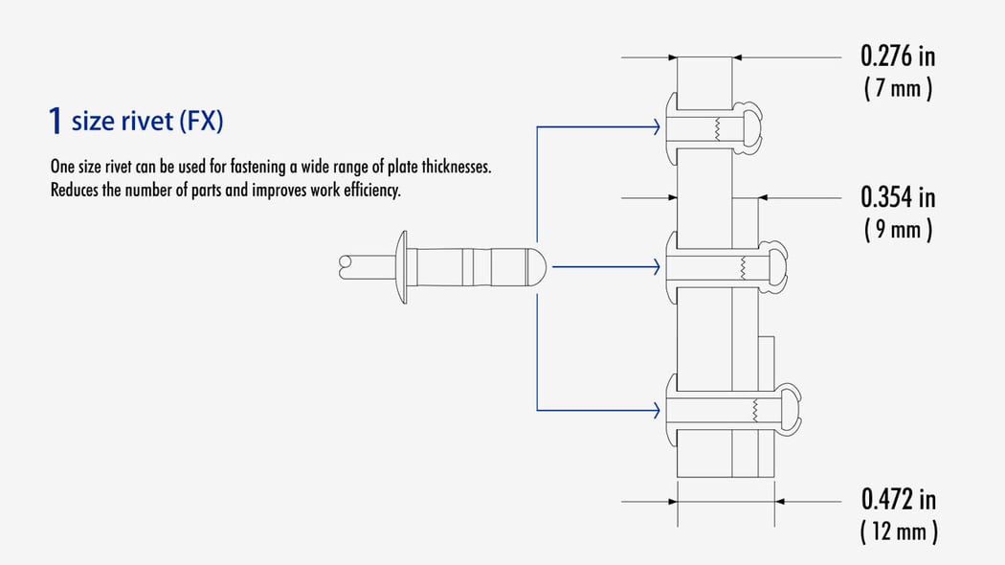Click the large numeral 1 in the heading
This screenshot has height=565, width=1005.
pyautogui.click(x=56, y=122)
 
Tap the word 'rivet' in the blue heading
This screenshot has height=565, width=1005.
pyautogui.click(x=144, y=123)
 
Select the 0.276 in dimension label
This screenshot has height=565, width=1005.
pyautogui.click(x=898, y=56)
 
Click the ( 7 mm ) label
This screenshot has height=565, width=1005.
pyautogui.click(x=898, y=89)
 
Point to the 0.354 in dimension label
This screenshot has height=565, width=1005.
pyautogui.click(x=898, y=197)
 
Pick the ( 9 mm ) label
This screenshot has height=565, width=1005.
pyautogui.click(x=898, y=231)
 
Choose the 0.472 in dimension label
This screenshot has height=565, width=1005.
pyautogui.click(x=898, y=499)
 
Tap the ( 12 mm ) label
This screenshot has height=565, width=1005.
pyautogui.click(x=898, y=531)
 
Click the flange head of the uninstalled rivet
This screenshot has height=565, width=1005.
pyautogui.click(x=403, y=267)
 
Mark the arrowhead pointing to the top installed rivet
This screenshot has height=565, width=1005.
pyautogui.click(x=656, y=126)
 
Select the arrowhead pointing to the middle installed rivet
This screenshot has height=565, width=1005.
pyautogui.click(x=656, y=267)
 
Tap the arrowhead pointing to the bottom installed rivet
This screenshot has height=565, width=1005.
pyautogui.click(x=656, y=411)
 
